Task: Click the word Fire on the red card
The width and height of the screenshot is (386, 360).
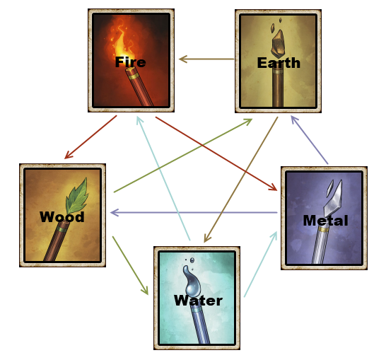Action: click(x=131, y=62)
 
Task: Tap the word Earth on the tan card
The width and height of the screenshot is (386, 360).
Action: click(x=279, y=63)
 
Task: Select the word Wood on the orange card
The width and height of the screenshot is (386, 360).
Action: click(x=62, y=217)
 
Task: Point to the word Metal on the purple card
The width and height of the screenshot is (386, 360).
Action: click(x=325, y=221)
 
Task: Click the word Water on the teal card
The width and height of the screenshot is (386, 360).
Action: click(x=198, y=301)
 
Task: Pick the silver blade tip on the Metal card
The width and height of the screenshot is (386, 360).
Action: click(x=333, y=198)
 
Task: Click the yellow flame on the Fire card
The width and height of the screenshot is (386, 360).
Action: click(x=121, y=45)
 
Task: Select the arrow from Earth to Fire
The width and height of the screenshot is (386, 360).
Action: click(x=206, y=59)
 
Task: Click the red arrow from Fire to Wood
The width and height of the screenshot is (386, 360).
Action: click(x=90, y=137)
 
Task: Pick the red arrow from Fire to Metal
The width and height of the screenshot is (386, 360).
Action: click(x=216, y=153)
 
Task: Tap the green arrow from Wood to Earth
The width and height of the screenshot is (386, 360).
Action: click(x=183, y=156)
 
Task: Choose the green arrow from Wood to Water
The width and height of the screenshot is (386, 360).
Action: click(x=130, y=265)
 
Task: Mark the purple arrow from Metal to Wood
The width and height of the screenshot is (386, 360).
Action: click(x=194, y=212)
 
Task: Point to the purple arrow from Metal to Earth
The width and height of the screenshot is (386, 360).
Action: click(x=310, y=140)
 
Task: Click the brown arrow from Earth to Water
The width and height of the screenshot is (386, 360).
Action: click(x=241, y=180)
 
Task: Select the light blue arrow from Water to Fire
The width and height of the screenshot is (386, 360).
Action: click(x=163, y=178)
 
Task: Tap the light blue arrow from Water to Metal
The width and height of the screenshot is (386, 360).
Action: click(x=260, y=264)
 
